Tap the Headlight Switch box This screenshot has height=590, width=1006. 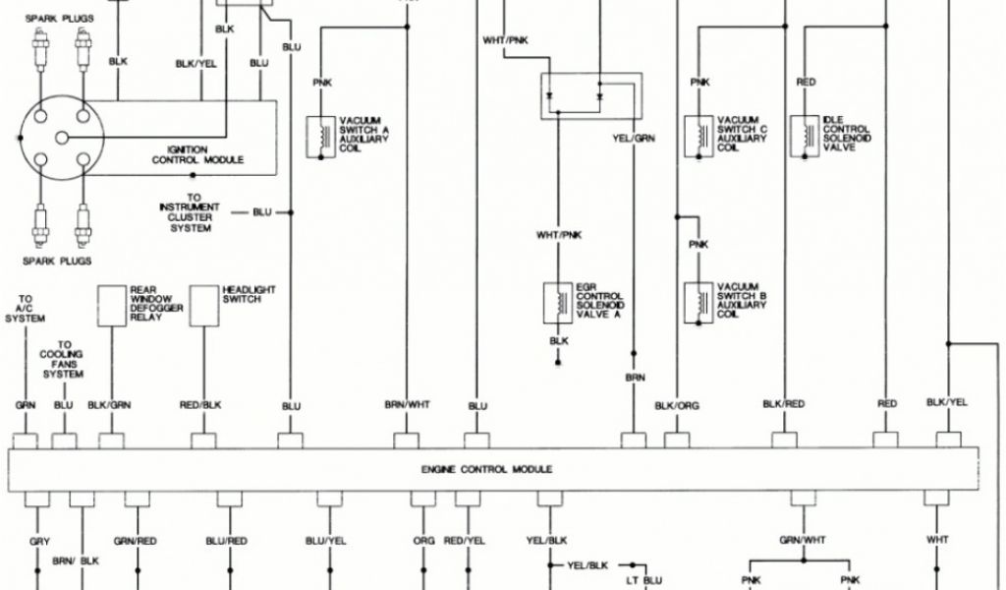click(204, 305)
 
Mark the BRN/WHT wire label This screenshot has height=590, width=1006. click(407, 405)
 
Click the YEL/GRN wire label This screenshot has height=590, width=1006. click(634, 138)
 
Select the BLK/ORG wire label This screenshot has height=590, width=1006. click(677, 405)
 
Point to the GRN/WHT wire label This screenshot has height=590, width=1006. click(804, 539)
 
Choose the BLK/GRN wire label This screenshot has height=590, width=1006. click(109, 405)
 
